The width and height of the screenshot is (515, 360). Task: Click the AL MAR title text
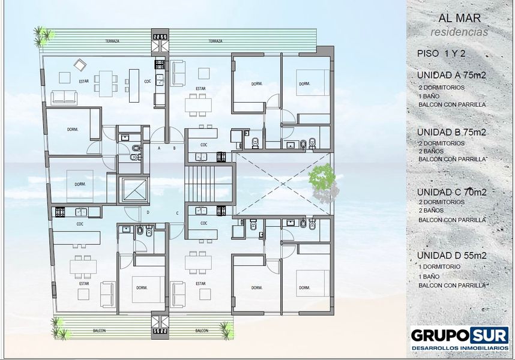click(x=460, y=18)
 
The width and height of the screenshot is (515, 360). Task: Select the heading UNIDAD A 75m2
click(x=451, y=75)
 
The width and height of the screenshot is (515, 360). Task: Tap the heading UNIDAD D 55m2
click(x=452, y=256)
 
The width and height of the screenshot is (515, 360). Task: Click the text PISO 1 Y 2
click(x=441, y=53)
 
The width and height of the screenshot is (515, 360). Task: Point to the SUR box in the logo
click(x=489, y=335)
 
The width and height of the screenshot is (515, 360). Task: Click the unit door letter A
click(x=159, y=148)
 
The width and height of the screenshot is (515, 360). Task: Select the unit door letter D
click(x=148, y=212)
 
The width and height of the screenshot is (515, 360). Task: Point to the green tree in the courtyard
click(x=322, y=178)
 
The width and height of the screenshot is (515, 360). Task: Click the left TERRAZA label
click(x=112, y=41)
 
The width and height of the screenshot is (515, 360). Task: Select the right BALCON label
click(x=202, y=331)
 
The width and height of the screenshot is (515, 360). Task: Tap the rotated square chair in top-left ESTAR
click(x=80, y=65)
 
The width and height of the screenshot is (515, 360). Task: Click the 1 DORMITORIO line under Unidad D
click(x=439, y=267)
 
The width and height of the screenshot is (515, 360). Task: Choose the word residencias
click(x=459, y=32)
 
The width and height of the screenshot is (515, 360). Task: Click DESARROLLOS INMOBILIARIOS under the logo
click(x=460, y=347)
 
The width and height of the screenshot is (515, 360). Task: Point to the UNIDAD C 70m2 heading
click(x=451, y=192)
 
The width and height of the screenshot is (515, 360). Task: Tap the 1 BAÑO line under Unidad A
click(x=429, y=96)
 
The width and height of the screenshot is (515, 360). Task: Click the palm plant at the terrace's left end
click(x=43, y=35)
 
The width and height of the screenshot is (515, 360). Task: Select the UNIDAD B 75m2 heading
click(x=451, y=132)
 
